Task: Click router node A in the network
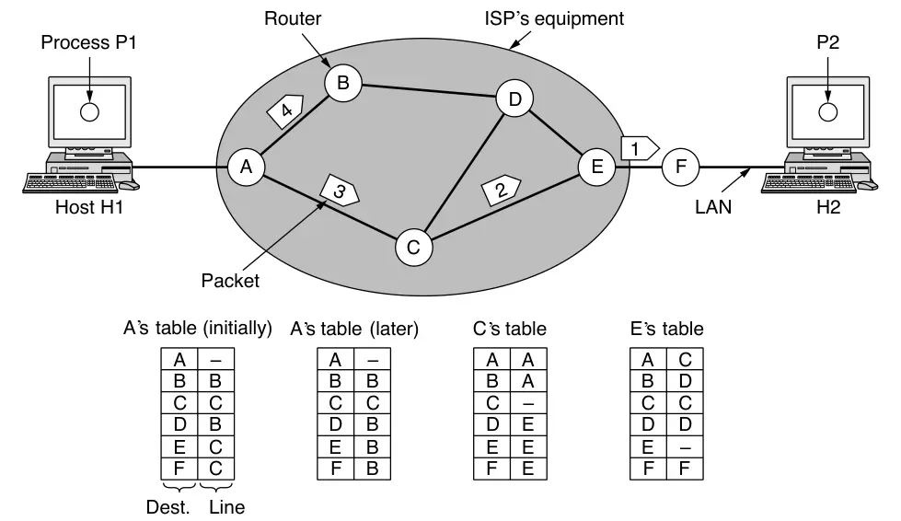[246, 167]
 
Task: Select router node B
[342, 84]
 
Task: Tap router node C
[413, 246]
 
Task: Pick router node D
[514, 98]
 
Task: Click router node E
[596, 167]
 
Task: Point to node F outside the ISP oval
[681, 167]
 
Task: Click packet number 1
[639, 145]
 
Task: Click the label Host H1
[88, 207]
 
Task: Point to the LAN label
[713, 207]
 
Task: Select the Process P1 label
[88, 44]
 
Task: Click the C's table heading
[509, 328]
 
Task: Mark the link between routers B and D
[428, 91]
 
